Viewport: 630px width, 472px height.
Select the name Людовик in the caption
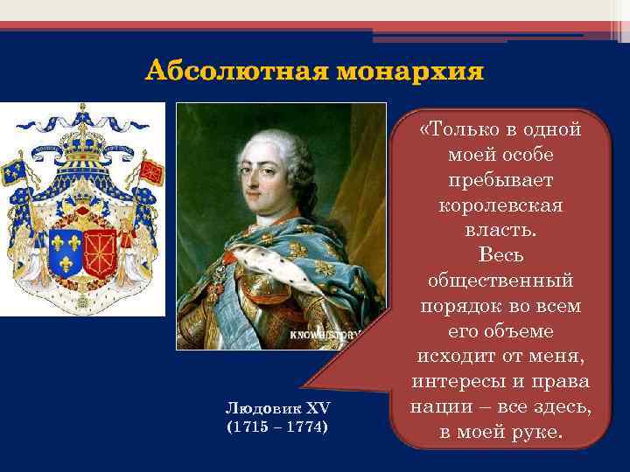coord(257,409)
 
